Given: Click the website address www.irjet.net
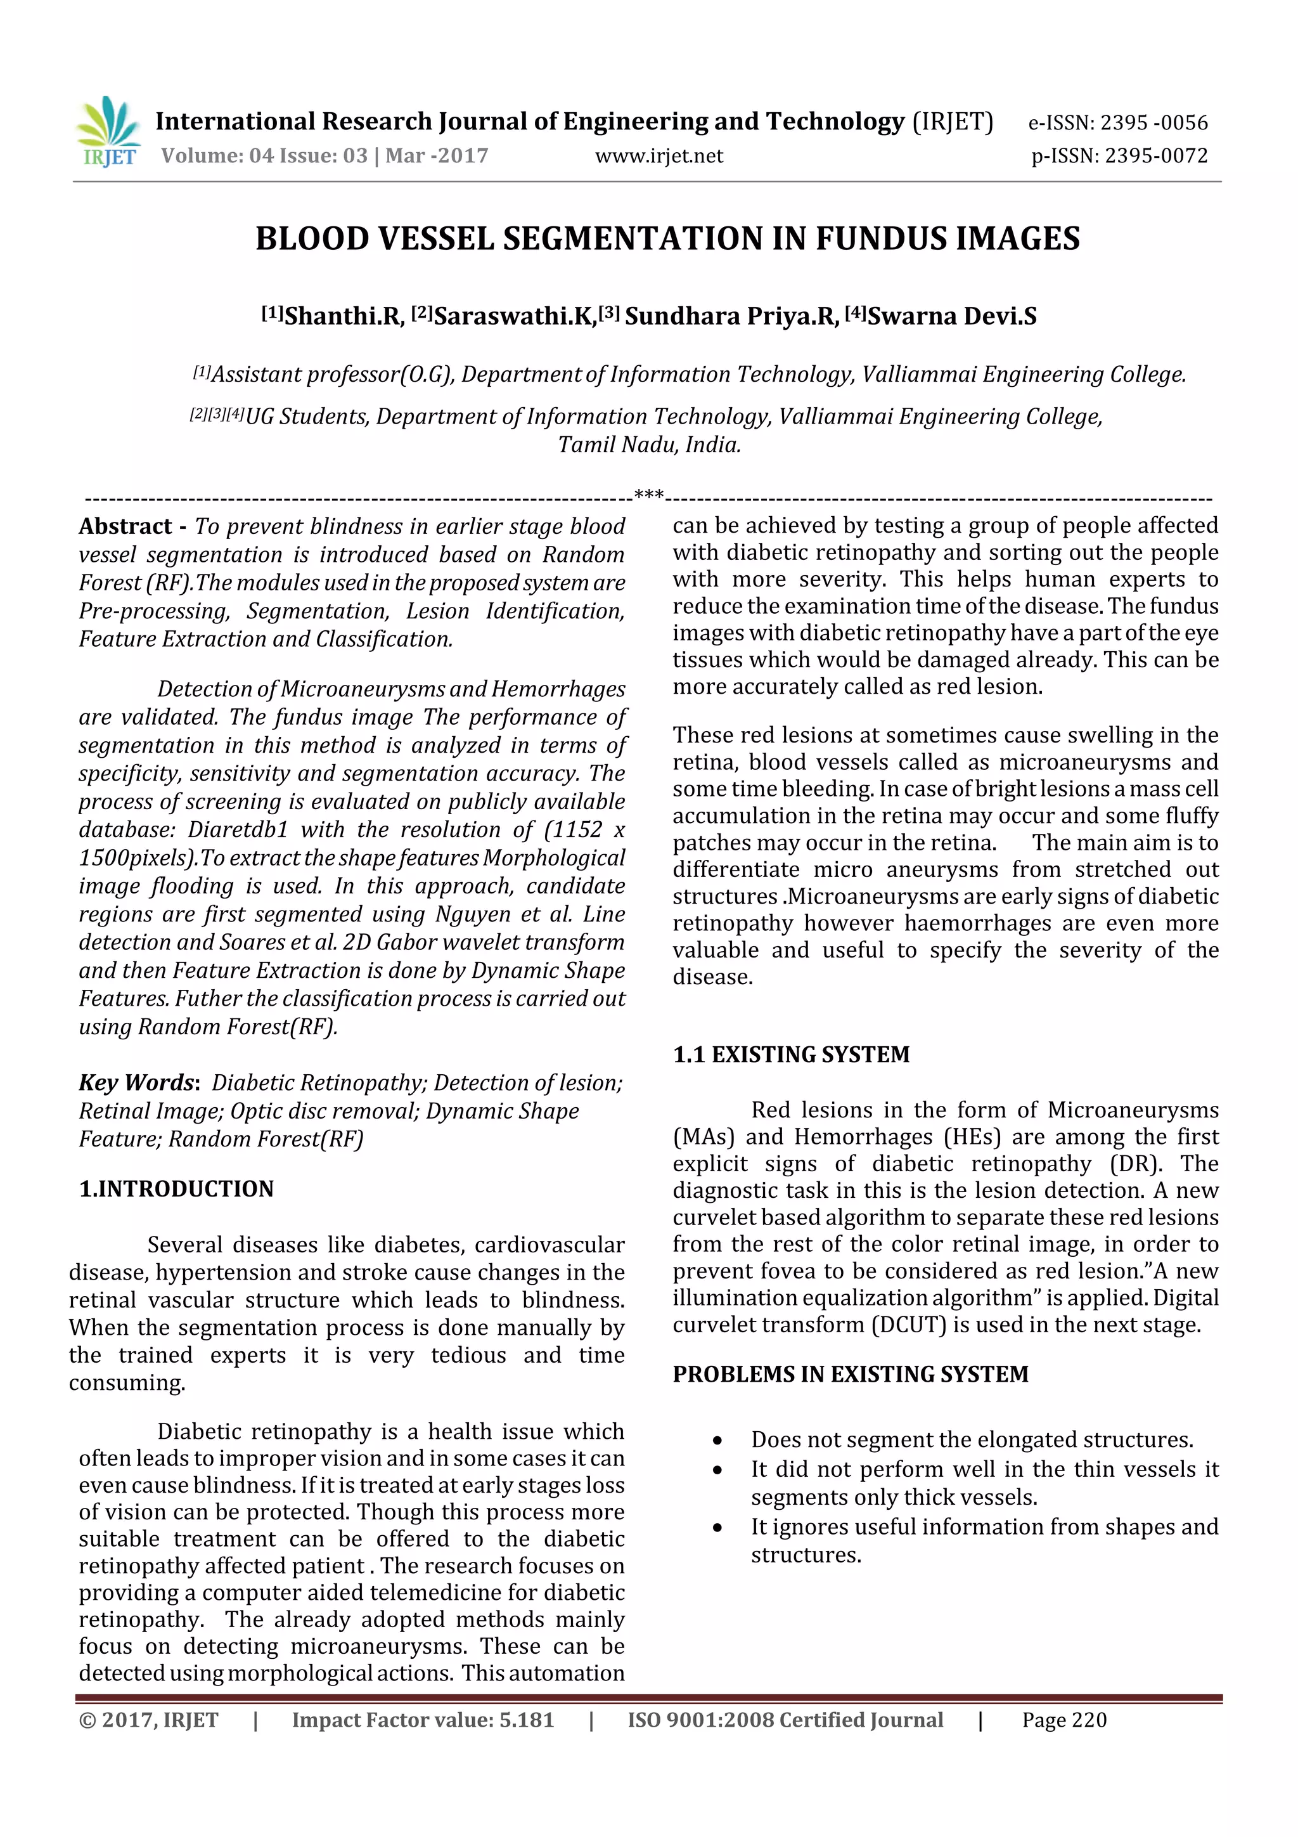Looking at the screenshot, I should tap(659, 156).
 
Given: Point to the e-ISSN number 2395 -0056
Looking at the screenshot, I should tap(1153, 122).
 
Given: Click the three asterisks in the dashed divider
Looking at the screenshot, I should tap(648, 495).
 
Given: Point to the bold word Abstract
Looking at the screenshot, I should tap(125, 526).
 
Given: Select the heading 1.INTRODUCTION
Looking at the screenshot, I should tap(176, 1189).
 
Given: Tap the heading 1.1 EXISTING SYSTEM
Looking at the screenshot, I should tap(791, 1055).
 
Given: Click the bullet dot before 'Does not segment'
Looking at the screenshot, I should tap(717, 1441).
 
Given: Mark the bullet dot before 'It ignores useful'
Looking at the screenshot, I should tap(717, 1528).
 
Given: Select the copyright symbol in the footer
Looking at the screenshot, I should tap(86, 1720).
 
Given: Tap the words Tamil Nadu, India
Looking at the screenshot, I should tap(650, 445).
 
